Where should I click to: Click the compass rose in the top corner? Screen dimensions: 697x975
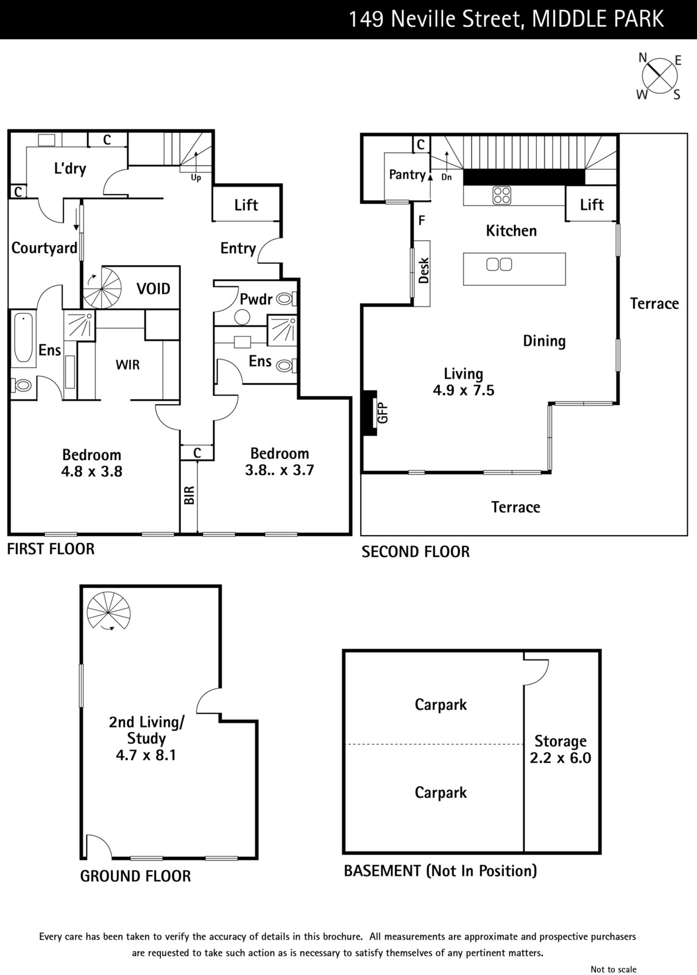pos(660,76)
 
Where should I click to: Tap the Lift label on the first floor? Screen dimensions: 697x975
pos(246,205)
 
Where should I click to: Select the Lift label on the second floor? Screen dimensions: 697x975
pos(592,204)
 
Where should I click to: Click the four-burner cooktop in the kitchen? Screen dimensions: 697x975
pos(501,195)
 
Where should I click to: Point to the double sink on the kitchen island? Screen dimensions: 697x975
pos(499,264)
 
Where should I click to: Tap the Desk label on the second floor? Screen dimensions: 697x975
pos(424,271)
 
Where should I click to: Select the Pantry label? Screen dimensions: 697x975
pos(407,174)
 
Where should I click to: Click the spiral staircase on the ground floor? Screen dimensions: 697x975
pos(108,611)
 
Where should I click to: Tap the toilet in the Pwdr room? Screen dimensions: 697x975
pos(286,299)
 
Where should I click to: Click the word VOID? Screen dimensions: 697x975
pos(153,289)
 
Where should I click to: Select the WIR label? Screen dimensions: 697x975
pos(127,365)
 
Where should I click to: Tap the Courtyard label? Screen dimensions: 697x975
pos(44,248)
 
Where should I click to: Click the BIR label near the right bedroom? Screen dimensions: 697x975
pos(189,495)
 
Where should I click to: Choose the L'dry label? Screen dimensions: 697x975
pos(70,168)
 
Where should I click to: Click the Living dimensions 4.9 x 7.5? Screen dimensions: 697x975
pos(464,390)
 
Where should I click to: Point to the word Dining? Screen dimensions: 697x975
pos(544,341)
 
